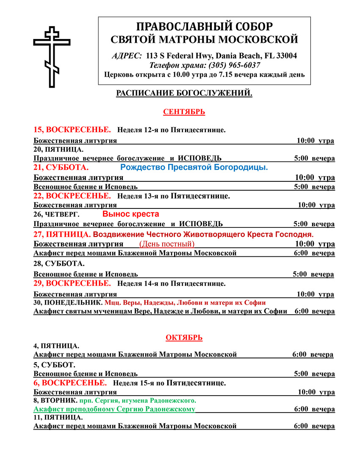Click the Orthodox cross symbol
(52, 57)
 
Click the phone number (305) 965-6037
(234, 65)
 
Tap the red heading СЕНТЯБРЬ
(184, 112)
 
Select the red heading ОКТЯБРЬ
(184, 338)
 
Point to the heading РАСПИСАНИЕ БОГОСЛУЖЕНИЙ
(184, 93)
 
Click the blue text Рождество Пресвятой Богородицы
(194, 167)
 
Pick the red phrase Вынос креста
(130, 214)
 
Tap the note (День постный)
(167, 244)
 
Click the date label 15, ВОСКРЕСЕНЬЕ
(72, 129)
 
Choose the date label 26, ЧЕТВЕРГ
(56, 214)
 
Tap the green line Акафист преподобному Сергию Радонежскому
(114, 409)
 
